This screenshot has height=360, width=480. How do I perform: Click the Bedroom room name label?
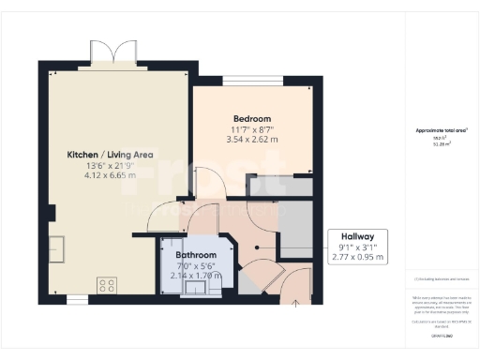point(252,119)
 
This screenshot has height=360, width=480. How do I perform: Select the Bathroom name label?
point(197,255)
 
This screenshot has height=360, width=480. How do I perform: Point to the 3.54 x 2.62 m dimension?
point(252,140)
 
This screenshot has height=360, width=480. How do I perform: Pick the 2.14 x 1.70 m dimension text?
point(197,276)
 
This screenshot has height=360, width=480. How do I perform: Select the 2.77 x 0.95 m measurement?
point(359,256)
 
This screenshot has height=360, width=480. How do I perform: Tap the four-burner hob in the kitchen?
point(106,283)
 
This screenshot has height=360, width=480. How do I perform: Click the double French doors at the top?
point(105,52)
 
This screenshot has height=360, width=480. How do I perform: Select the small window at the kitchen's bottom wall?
point(74,299)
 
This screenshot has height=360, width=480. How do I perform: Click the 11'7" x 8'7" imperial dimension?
point(252,129)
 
